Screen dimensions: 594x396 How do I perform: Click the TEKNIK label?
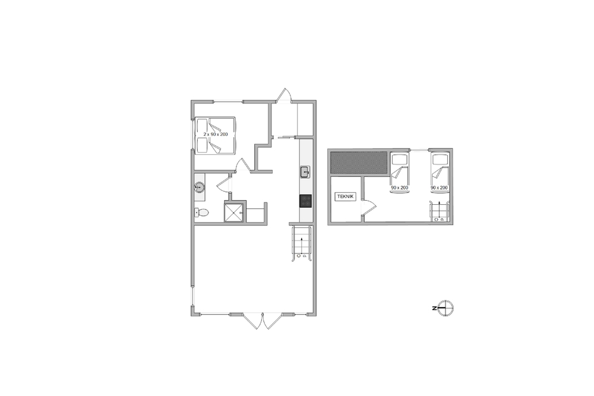click(x=346, y=197)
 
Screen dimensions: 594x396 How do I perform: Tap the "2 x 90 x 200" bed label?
click(x=216, y=134)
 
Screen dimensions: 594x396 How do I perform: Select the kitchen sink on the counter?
click(x=305, y=172)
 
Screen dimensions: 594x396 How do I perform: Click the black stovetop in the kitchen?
click(x=306, y=201)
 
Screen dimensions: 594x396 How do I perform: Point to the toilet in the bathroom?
click(x=201, y=213)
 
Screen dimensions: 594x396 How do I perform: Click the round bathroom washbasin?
click(x=199, y=186)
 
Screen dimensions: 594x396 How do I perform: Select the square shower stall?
click(x=235, y=212)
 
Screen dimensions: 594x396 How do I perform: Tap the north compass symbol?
click(x=445, y=308)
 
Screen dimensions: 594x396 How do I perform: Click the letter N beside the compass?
click(x=434, y=308)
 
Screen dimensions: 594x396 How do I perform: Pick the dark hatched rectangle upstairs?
click(x=359, y=163)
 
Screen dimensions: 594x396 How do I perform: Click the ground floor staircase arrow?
click(x=301, y=245)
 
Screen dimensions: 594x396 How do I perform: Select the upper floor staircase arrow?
click(x=439, y=210)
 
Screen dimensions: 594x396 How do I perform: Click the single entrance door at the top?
click(x=284, y=94)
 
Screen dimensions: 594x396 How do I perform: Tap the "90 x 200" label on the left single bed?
click(x=399, y=188)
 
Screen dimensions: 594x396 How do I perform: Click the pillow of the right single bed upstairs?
click(x=440, y=159)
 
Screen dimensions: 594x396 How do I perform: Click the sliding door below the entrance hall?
click(x=287, y=137)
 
